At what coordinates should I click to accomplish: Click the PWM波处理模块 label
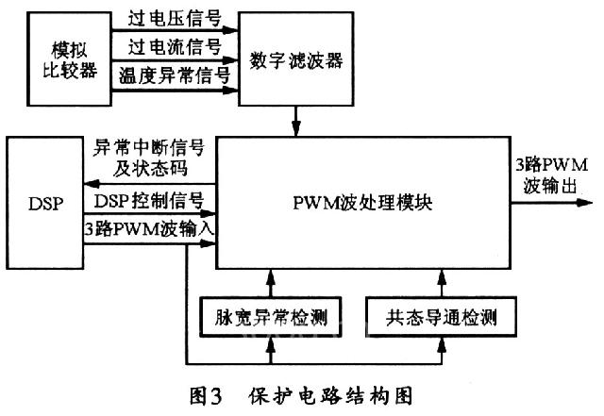367,202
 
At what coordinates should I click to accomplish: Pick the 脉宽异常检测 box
272,313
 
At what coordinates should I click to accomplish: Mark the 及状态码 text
124,170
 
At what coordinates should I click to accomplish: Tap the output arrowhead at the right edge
592,200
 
